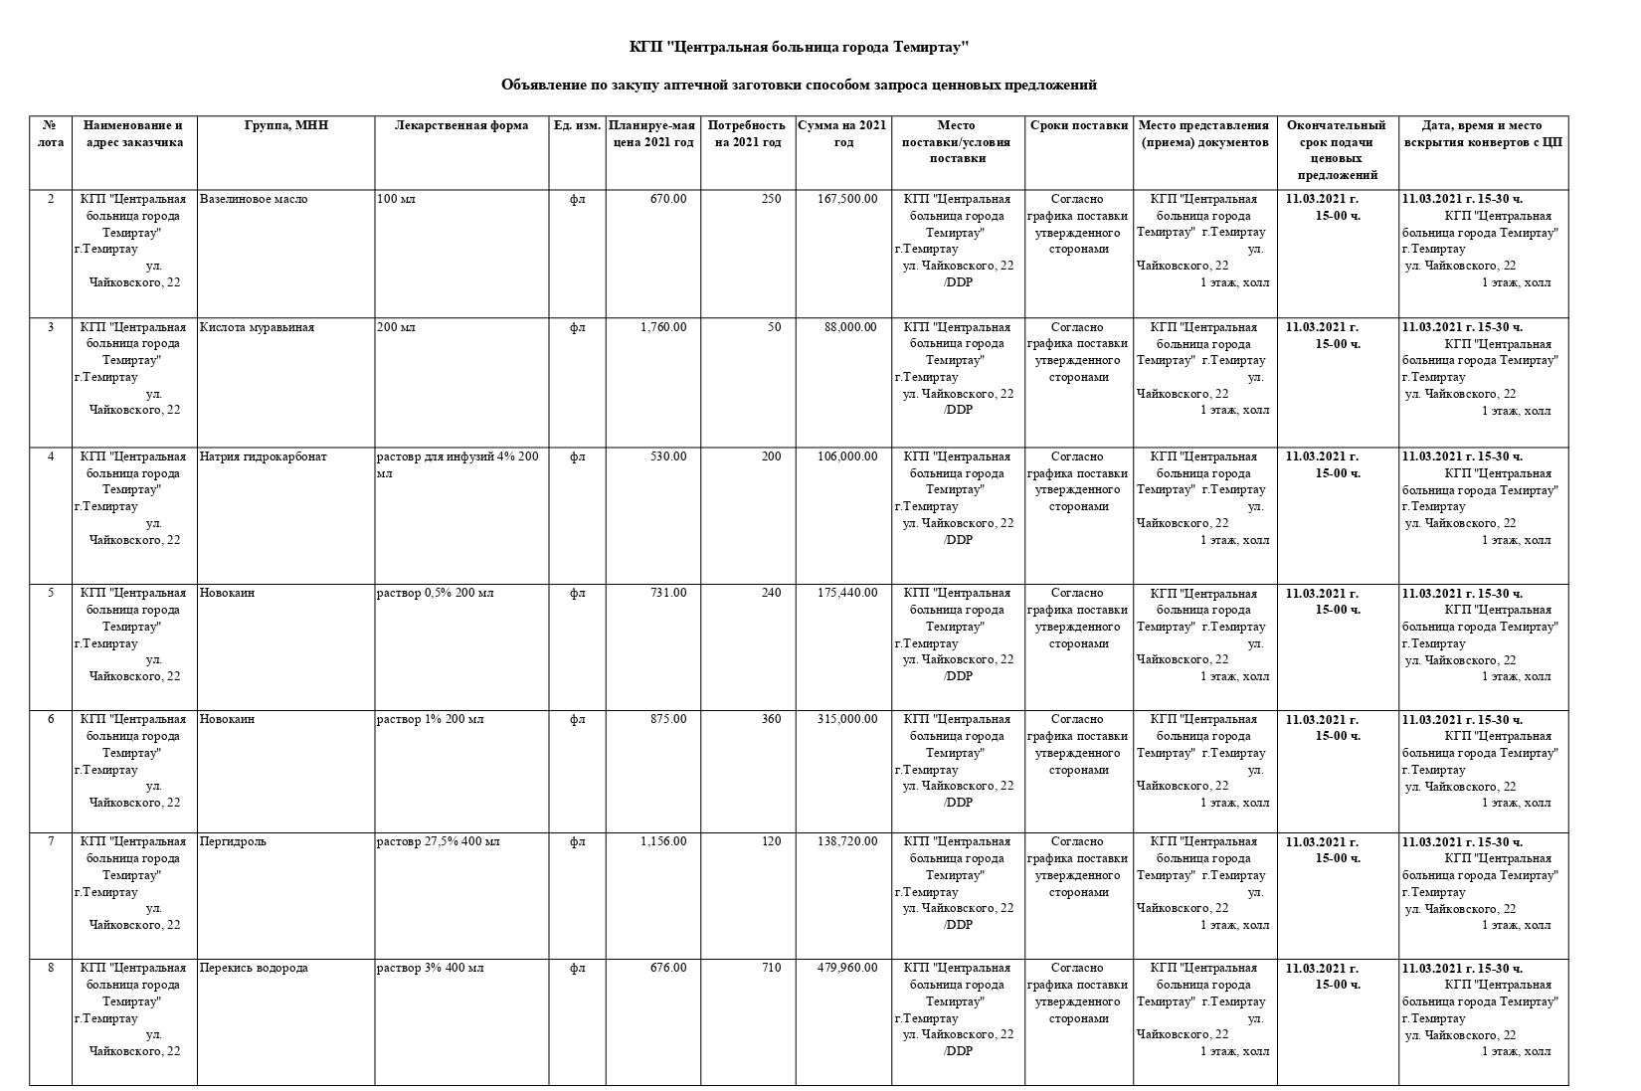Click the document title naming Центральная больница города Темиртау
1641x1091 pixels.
799,48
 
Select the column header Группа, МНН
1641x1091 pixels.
286,125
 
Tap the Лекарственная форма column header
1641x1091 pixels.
461,125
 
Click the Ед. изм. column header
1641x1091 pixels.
577,125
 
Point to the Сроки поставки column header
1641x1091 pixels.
1079,125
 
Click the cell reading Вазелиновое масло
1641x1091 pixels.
254,199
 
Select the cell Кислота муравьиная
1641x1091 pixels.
257,327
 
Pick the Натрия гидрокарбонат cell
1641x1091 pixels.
264,456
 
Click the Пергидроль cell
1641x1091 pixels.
233,841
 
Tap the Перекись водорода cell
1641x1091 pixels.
254,968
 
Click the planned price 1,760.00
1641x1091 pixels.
663,327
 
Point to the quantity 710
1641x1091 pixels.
771,968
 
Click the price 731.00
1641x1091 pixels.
668,593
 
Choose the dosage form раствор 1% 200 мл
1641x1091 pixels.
431,719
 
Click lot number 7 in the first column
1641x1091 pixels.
51,841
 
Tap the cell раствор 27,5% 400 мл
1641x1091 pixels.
439,841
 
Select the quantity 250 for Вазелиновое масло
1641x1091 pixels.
771,199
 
